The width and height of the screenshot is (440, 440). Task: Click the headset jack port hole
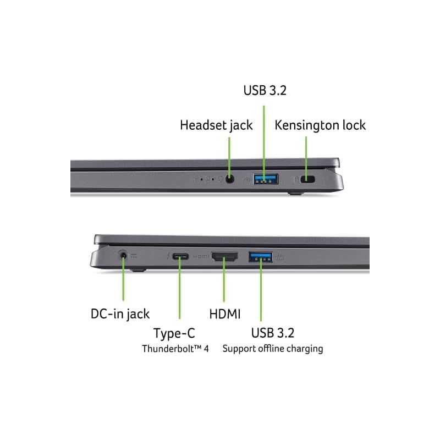click(230, 179)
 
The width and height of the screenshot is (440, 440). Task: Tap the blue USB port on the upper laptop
click(266, 179)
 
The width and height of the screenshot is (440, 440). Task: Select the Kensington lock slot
click(307, 179)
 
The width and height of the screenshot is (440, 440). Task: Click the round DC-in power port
click(123, 256)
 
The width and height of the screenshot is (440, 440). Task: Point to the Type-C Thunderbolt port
click(180, 256)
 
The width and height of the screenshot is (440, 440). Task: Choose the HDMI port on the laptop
click(224, 256)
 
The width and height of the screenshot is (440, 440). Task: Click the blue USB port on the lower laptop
click(260, 257)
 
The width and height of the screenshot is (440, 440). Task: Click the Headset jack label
click(216, 125)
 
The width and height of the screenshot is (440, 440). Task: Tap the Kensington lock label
click(320, 125)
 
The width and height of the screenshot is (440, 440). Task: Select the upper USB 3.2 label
click(265, 90)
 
